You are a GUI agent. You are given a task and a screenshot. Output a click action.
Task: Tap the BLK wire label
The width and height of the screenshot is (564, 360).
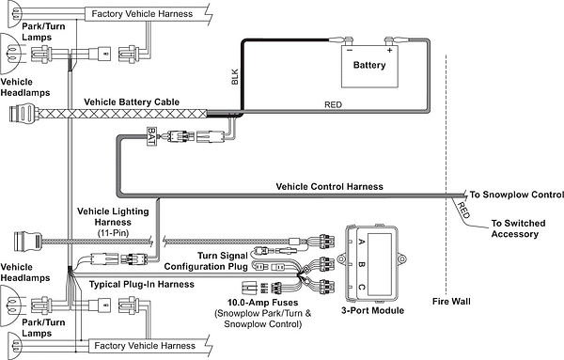click(235, 82)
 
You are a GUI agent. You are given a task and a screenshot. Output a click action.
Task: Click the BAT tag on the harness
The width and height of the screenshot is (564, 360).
click(149, 137)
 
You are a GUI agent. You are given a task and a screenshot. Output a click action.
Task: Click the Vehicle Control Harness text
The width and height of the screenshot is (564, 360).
click(329, 186)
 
